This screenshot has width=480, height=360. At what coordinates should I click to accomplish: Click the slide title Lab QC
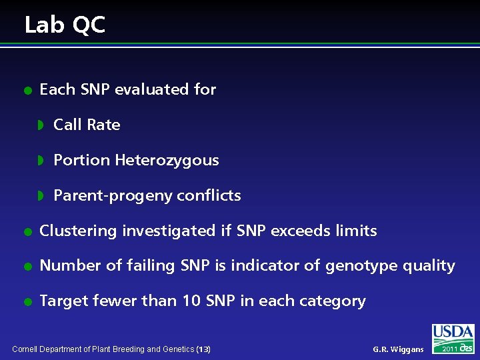(65, 25)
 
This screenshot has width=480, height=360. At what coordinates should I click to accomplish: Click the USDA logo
(453, 333)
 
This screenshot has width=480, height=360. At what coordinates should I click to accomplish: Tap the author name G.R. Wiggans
(398, 349)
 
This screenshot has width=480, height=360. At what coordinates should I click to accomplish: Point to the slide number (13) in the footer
(203, 349)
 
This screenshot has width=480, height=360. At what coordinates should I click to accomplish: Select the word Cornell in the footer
(26, 349)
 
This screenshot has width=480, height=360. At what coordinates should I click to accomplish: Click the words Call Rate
(87, 125)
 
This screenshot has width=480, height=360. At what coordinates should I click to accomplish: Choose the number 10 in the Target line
(191, 301)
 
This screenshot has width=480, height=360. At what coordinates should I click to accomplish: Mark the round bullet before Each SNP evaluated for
(27, 90)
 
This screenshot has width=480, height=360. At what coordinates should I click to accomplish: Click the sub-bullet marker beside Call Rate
(41, 125)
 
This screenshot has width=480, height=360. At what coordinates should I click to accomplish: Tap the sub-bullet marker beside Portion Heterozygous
(41, 161)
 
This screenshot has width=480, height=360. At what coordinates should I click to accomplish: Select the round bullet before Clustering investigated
(27, 231)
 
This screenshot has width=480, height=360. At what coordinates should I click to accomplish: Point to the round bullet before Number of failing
(27, 267)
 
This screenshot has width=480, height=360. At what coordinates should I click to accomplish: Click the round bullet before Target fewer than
(27, 302)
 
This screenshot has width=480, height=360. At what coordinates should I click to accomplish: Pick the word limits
(359, 231)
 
